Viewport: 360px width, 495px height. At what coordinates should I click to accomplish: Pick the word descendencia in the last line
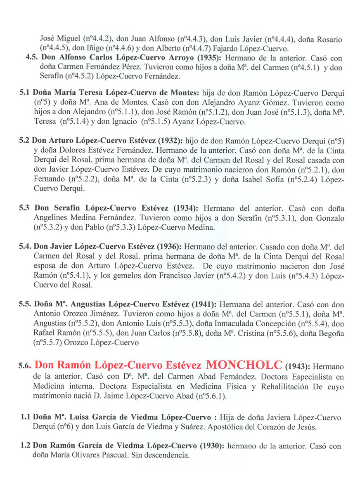[x=169, y=456]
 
